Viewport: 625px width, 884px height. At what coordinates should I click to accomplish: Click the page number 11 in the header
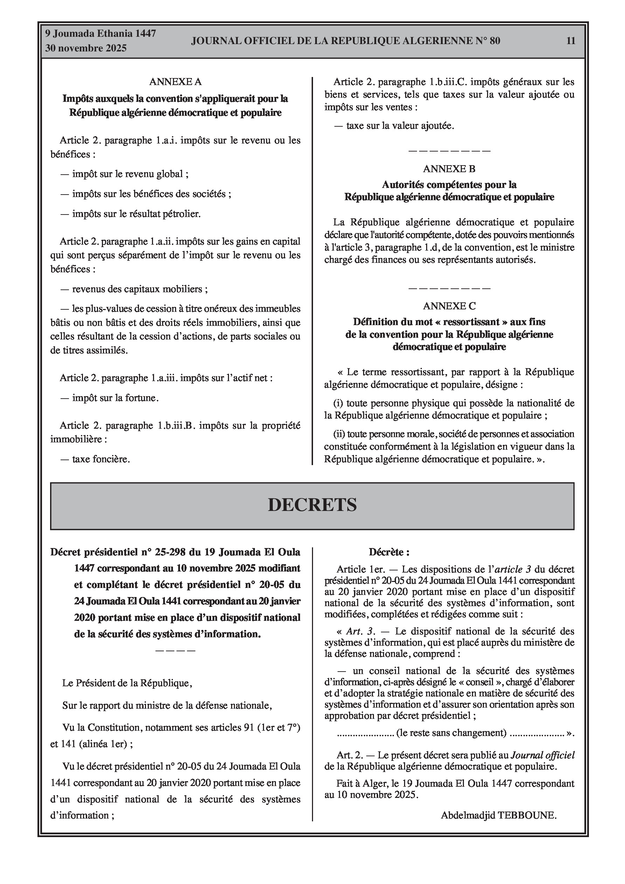pyautogui.click(x=571, y=41)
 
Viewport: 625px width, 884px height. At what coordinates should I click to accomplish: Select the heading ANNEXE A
pyautogui.click(x=175, y=82)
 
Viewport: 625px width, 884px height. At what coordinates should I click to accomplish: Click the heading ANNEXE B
pyautogui.click(x=449, y=169)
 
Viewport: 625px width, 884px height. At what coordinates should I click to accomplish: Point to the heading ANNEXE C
pyautogui.click(x=449, y=306)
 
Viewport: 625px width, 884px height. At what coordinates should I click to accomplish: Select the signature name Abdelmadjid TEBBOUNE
pyautogui.click(x=499, y=815)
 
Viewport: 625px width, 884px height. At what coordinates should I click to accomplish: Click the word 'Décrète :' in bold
pyautogui.click(x=389, y=552)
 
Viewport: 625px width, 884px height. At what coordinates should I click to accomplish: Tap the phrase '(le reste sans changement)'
pyautogui.click(x=451, y=733)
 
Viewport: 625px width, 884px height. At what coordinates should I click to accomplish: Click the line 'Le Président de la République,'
pyautogui.click(x=127, y=683)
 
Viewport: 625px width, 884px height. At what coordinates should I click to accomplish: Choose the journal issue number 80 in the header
pyautogui.click(x=495, y=41)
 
